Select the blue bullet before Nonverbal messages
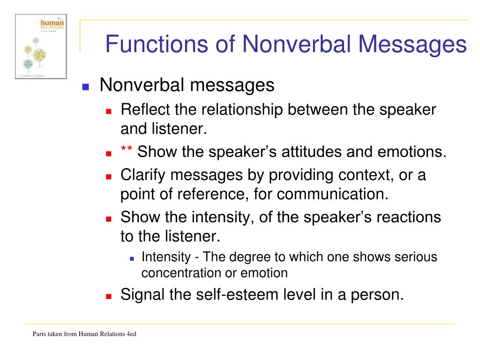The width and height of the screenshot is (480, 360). (x=85, y=87)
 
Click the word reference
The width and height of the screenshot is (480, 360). (x=210, y=194)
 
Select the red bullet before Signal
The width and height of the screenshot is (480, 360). (x=109, y=297)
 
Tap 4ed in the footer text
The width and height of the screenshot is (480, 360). (x=130, y=334)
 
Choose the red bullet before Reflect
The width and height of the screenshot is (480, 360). (x=109, y=112)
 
